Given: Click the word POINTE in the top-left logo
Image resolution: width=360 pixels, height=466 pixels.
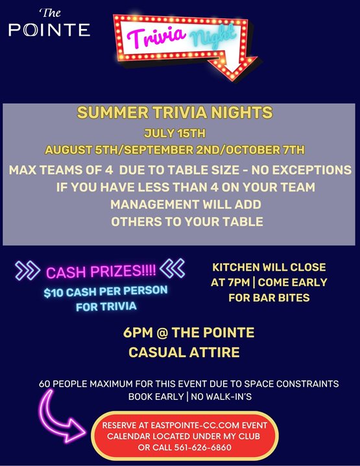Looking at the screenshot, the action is click(49, 30).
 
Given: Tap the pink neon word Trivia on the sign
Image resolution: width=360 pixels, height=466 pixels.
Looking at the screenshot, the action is click(156, 36).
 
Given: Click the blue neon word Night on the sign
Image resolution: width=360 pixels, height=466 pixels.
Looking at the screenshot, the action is click(213, 36).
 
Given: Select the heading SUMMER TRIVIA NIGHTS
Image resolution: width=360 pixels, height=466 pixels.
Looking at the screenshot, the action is click(174, 112).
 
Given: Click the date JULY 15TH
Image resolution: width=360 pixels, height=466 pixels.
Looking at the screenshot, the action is click(174, 133).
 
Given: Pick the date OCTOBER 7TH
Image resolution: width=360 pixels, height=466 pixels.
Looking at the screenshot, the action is click(265, 150).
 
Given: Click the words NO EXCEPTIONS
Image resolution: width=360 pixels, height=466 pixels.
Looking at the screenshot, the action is click(301, 170).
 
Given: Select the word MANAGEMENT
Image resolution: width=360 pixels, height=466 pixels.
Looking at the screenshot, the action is click(154, 204).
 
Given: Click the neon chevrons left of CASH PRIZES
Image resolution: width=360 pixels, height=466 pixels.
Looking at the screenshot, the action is click(28, 271).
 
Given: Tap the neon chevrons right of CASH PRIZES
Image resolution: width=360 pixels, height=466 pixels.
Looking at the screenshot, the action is click(173, 268).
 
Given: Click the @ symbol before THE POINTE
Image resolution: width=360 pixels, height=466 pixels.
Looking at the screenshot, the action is click(162, 332).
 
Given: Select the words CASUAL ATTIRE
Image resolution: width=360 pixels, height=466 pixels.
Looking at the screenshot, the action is click(184, 352).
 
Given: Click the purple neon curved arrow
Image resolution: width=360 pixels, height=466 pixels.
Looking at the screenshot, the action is click(56, 420).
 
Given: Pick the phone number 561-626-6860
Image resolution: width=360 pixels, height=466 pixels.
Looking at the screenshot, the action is click(202, 448).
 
